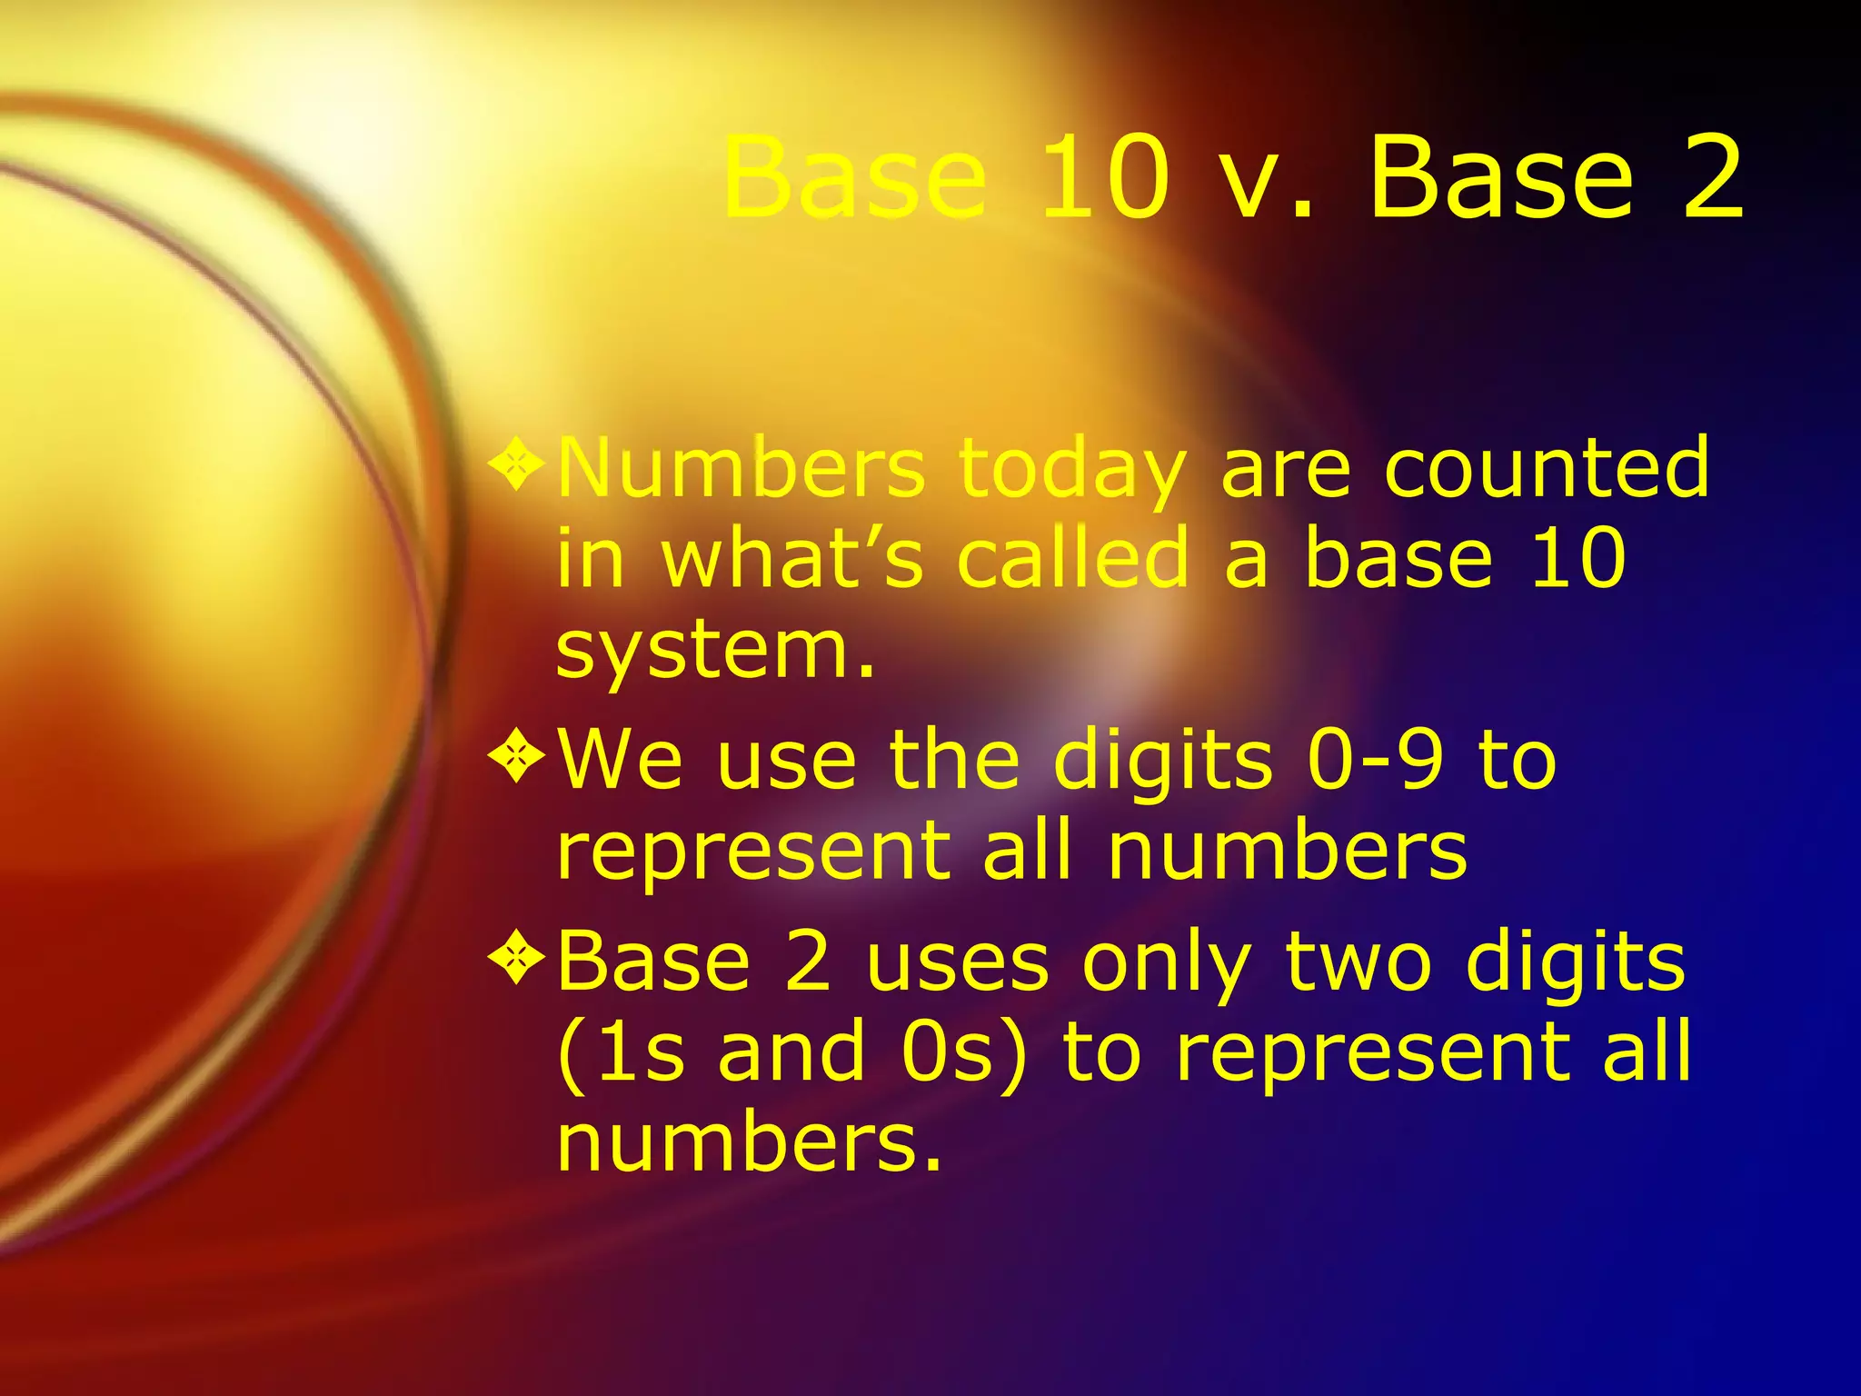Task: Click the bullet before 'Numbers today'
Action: click(516, 466)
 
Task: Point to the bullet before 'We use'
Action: click(516, 758)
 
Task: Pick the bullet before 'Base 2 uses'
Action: click(516, 960)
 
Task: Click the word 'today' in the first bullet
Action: click(1072, 470)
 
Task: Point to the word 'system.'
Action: click(715, 652)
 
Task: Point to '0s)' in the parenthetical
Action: click(964, 1052)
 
